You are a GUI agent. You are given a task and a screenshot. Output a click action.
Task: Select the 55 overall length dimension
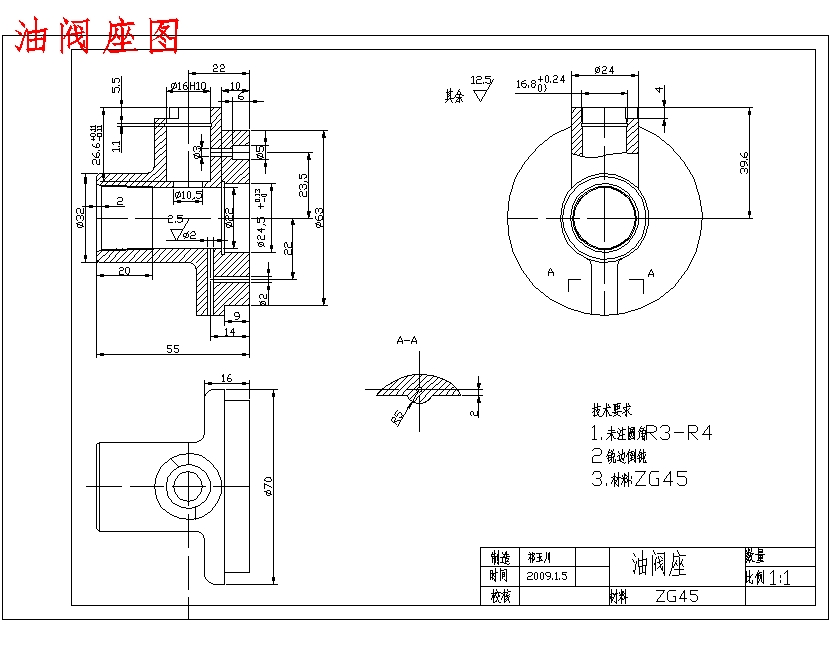(172, 348)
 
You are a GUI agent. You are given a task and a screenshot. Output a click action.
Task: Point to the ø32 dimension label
(80, 216)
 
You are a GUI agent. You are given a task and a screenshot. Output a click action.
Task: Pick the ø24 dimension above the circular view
(603, 70)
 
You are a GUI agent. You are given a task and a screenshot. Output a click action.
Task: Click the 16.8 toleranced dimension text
(540, 84)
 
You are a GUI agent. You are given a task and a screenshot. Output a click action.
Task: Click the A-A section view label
(407, 341)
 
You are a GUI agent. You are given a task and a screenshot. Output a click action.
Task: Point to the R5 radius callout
(398, 414)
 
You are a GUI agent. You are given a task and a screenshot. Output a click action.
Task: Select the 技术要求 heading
(611, 410)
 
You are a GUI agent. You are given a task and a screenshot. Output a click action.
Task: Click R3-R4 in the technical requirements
(679, 433)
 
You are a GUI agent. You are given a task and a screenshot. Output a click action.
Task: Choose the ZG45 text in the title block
(677, 596)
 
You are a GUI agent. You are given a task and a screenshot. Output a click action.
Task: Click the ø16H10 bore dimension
(188, 86)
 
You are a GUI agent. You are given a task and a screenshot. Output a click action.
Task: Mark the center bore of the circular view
(603, 219)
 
